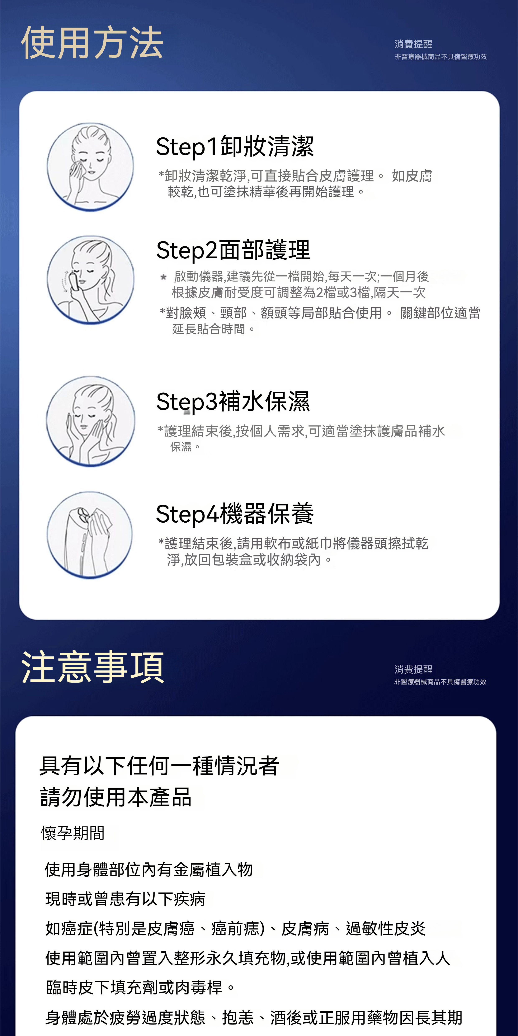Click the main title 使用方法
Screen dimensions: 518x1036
point(92,43)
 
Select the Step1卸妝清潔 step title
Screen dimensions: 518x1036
point(235,146)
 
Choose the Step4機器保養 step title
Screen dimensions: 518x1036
point(235,514)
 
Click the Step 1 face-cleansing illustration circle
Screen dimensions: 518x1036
point(90,167)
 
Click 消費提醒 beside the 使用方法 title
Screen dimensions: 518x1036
point(413,44)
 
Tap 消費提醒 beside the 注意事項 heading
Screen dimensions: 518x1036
point(413,669)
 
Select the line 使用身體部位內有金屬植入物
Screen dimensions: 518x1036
point(149,870)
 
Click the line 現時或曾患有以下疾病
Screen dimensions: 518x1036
point(126,899)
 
